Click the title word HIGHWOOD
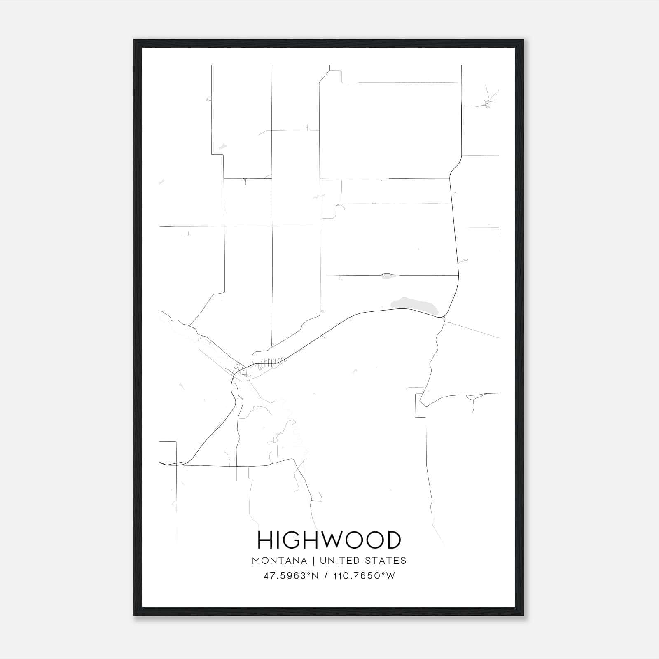pyautogui.click(x=329, y=540)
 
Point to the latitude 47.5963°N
pyautogui.click(x=291, y=576)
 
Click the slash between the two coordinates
pyautogui.click(x=326, y=576)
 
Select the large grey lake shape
pyautogui.click(x=414, y=306)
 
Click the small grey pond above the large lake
pyautogui.click(x=388, y=276)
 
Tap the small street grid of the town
pyautogui.click(x=269, y=363)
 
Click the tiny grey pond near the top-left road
pyautogui.click(x=222, y=146)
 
